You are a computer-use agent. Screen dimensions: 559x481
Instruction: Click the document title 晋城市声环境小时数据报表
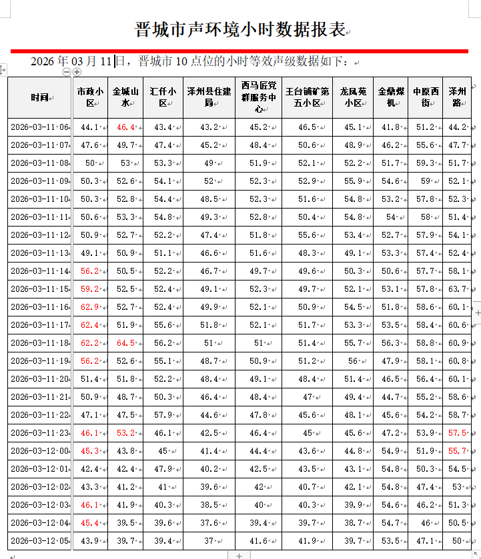[240, 30]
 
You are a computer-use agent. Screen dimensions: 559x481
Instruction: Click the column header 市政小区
[90, 97]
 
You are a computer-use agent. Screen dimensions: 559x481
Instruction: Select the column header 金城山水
[125, 97]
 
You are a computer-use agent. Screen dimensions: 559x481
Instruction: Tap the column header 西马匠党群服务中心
[258, 97]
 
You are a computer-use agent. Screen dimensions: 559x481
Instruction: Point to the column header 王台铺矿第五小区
[307, 97]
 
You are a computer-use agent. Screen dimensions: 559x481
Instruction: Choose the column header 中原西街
[425, 97]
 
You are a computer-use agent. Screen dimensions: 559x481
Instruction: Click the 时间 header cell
[39, 97]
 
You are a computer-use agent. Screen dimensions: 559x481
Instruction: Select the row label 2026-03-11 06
[39, 127]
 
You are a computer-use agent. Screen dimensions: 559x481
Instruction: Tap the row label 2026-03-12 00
[39, 451]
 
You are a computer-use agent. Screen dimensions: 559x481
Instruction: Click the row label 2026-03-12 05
[39, 541]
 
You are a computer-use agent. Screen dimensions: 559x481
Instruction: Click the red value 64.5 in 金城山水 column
[125, 343]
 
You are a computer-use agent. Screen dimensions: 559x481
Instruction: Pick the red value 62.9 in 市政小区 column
[89, 307]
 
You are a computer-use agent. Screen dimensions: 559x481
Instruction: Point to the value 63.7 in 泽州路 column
[457, 289]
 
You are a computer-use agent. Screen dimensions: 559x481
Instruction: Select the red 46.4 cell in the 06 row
[125, 127]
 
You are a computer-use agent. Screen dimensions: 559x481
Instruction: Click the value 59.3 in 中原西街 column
[424, 163]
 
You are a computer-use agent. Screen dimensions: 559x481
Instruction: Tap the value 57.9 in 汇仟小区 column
[163, 415]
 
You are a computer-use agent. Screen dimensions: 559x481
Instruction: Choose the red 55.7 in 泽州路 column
[457, 451]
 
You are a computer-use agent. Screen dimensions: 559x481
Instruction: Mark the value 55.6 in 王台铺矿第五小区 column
[307, 235]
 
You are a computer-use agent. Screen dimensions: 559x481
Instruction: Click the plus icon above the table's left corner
[77, 71]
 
